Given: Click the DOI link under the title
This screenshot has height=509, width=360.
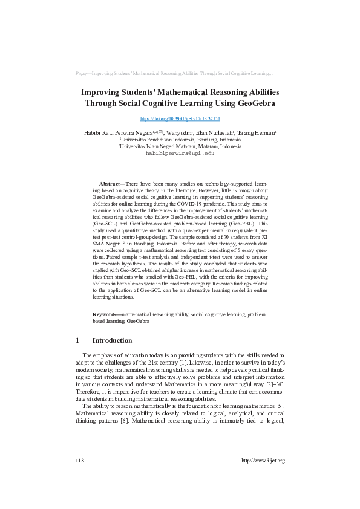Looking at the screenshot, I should coord(180,120).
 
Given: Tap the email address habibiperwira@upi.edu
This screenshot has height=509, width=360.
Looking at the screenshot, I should coord(180,154).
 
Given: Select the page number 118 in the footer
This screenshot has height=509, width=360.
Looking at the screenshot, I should coord(79,461).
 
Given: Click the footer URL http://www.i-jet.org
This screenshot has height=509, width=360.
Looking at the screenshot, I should coord(263,461).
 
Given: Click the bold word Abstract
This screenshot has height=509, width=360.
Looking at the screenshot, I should coord(110,183).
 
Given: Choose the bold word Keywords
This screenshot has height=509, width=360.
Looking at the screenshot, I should coord(106,315).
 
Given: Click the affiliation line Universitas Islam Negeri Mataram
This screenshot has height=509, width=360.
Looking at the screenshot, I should coord(180,146).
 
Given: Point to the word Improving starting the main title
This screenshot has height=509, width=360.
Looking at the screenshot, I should coord(104,92).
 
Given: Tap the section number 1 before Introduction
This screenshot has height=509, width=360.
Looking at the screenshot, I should coord(78,340).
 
